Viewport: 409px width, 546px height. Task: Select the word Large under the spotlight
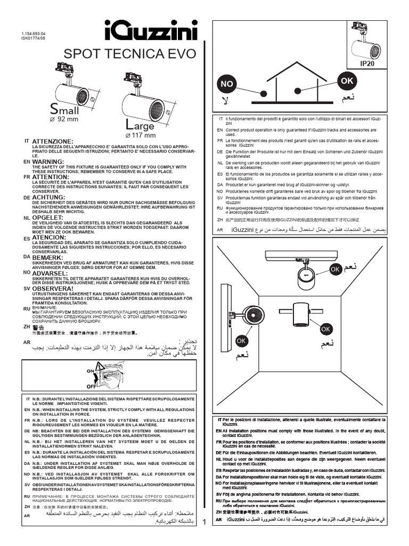(140, 126)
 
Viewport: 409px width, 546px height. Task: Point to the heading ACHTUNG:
(49, 197)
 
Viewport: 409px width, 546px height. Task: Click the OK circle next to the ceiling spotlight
(335, 270)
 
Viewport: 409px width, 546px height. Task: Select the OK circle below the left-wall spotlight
(241, 340)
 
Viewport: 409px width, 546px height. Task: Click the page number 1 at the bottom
(204, 536)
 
